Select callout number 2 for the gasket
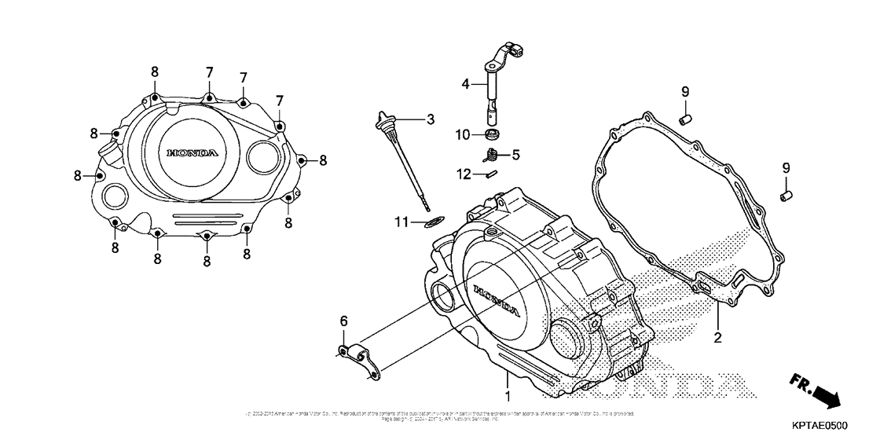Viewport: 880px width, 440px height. (x=717, y=339)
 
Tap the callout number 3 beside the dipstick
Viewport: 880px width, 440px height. (x=430, y=119)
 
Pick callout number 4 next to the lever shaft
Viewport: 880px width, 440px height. (x=465, y=82)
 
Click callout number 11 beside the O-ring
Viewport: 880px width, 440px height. (x=402, y=223)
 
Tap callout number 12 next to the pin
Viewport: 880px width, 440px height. (x=465, y=174)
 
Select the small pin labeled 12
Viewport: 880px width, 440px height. (x=491, y=175)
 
